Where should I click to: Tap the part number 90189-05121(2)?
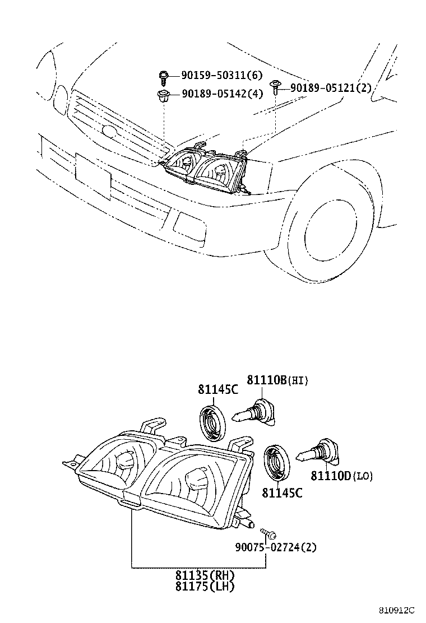click(331, 87)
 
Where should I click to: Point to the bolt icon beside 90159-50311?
click(164, 76)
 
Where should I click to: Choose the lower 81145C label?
click(282, 493)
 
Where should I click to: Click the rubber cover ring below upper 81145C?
click(213, 420)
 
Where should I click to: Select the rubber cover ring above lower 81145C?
click(277, 462)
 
